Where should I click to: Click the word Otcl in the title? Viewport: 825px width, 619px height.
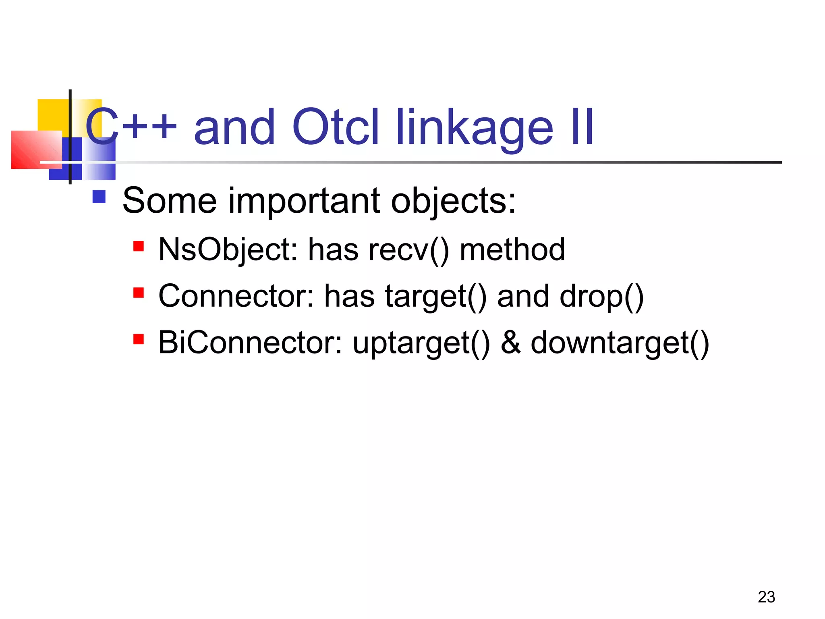pos(336,127)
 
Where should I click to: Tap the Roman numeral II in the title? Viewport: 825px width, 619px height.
pos(582,127)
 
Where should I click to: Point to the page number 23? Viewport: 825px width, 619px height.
pos(766,597)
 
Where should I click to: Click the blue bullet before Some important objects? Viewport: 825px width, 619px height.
pos(99,197)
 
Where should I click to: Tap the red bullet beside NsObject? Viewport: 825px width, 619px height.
pos(139,246)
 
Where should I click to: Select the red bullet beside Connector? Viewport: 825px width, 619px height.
pos(139,293)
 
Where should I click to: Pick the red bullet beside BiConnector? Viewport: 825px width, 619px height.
pos(139,339)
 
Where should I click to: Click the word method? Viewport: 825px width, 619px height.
pos(512,250)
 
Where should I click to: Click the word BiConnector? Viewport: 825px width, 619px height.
pos(250,343)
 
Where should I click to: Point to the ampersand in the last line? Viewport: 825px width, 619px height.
pos(510,343)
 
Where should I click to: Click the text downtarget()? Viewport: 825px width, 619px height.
pos(620,343)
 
